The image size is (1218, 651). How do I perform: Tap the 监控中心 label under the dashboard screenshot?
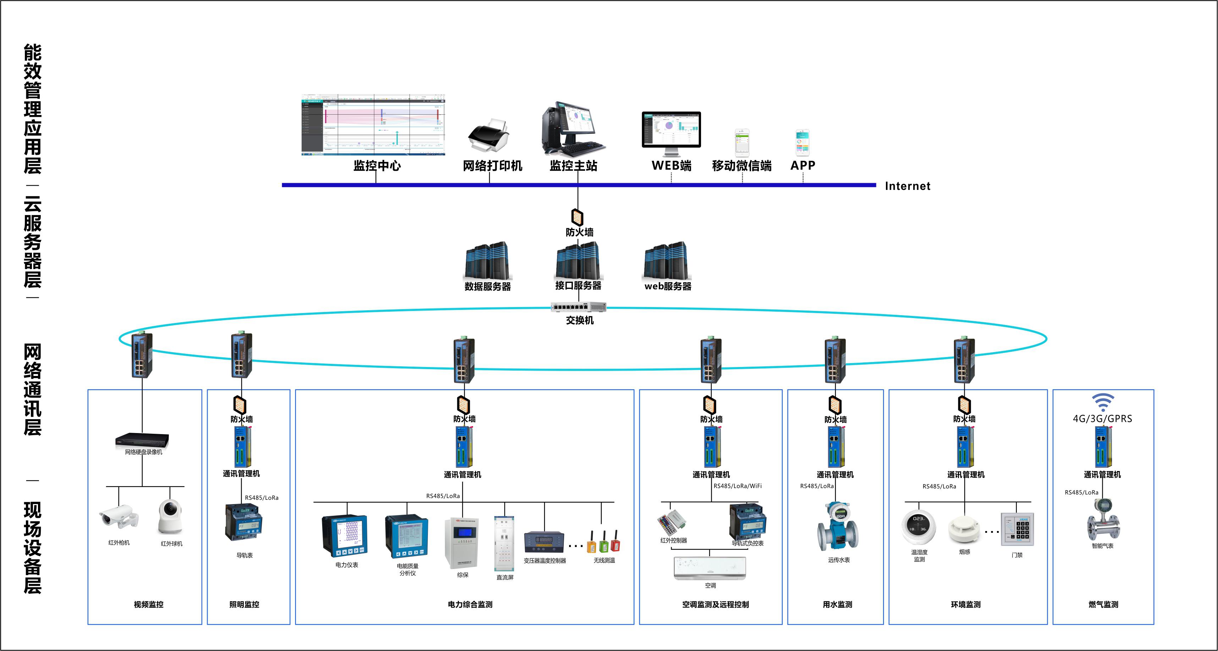[377, 165]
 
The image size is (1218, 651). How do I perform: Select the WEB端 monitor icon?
[671, 132]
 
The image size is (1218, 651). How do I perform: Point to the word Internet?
[907, 186]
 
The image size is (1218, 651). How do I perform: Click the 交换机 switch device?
[578, 307]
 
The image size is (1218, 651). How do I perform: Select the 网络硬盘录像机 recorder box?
[142, 440]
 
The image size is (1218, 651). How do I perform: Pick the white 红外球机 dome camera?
[170, 517]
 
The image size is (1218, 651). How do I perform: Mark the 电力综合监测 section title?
[470, 604]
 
